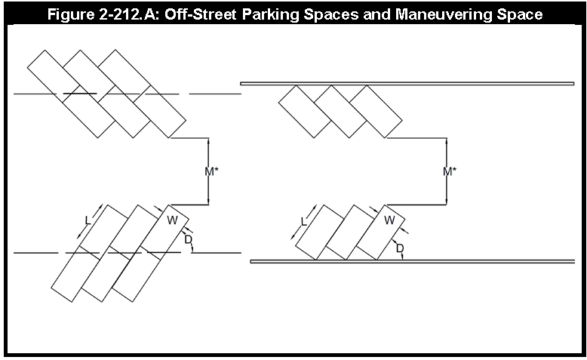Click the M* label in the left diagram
click(x=211, y=171)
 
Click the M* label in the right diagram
click(x=450, y=171)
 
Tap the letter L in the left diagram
click(x=88, y=220)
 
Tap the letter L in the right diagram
click(x=303, y=222)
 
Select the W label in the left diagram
click(x=172, y=220)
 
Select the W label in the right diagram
click(x=389, y=220)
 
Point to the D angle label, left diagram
click(x=189, y=239)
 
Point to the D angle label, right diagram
click(x=400, y=248)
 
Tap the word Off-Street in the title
click(x=201, y=14)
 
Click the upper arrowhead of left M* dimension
click(x=208, y=141)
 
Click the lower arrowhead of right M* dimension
click(x=446, y=202)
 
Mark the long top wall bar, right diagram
click(x=407, y=84)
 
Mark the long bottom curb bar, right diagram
click(x=413, y=261)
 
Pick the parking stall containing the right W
click(x=381, y=232)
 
